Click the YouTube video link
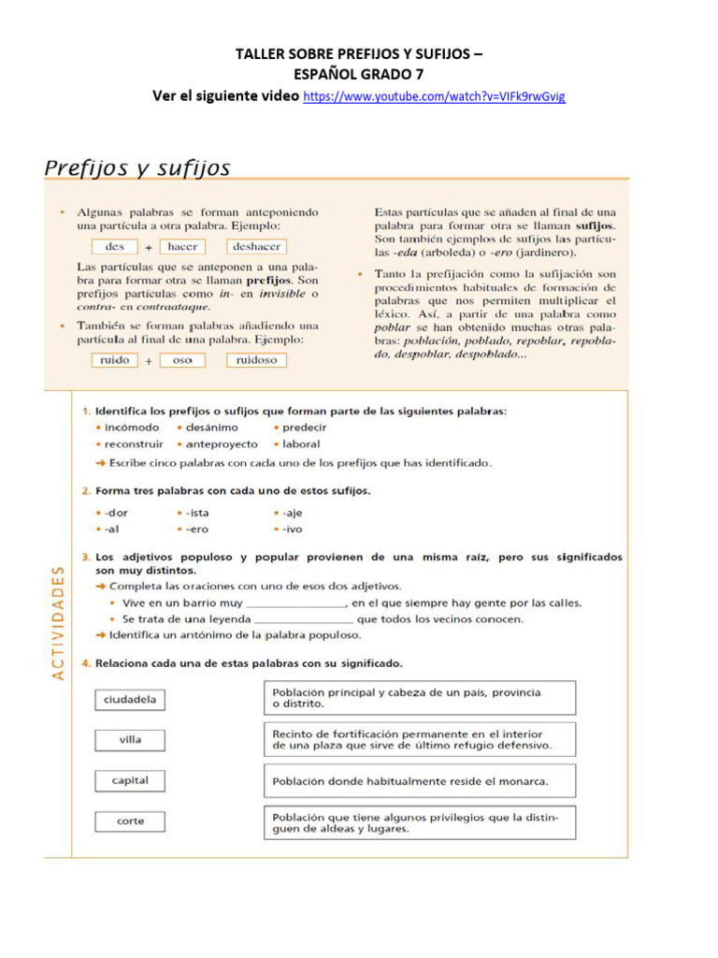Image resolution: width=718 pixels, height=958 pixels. pyautogui.click(x=435, y=97)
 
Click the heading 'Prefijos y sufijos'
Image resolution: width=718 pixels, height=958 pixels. pyautogui.click(x=137, y=169)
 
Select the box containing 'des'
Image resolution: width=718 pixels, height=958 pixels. pyautogui.click(x=115, y=247)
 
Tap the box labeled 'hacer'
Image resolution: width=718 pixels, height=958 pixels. pyautogui.click(x=183, y=247)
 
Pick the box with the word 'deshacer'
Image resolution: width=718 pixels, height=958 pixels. pyautogui.click(x=256, y=247)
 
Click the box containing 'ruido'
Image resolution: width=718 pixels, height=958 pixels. pyautogui.click(x=115, y=360)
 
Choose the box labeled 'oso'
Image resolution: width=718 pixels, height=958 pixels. pyautogui.click(x=183, y=360)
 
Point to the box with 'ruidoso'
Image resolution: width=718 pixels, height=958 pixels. pyautogui.click(x=256, y=360)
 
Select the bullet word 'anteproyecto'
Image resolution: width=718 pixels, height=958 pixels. pyautogui.click(x=222, y=444)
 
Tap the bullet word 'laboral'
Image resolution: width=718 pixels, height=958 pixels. pyautogui.click(x=300, y=444)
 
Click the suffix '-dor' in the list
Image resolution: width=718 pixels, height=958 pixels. pyautogui.click(x=116, y=513)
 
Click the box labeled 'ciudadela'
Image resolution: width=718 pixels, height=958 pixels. pyautogui.click(x=131, y=699)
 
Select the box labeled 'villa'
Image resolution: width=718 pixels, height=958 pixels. pyautogui.click(x=131, y=740)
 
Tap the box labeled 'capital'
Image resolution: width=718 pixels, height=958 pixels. pyautogui.click(x=131, y=780)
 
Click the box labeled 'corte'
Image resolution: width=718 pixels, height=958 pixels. pyautogui.click(x=131, y=821)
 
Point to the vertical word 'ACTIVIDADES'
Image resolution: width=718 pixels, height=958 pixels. pyautogui.click(x=58, y=621)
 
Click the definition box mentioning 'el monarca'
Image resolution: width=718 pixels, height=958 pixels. pyautogui.click(x=419, y=781)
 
